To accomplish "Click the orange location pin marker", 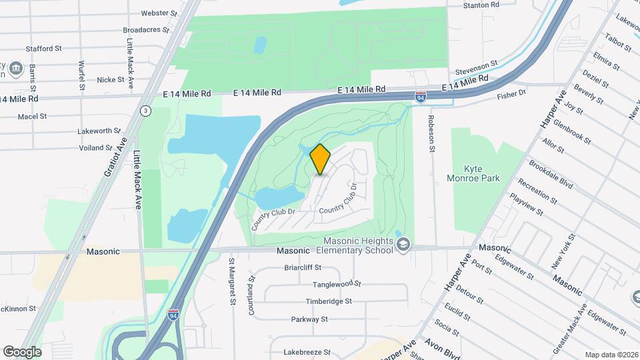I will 321,159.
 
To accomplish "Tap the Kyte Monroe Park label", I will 473,174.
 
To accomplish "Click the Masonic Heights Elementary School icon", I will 403,245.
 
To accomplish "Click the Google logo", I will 22,351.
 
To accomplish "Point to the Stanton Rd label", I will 481,5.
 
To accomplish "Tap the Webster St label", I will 159,13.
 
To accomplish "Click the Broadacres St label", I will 149,31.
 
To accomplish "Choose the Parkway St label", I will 309,319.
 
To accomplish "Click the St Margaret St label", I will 233,281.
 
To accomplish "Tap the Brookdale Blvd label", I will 551,173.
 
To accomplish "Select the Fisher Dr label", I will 512,95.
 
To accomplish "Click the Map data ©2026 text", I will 611,354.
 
